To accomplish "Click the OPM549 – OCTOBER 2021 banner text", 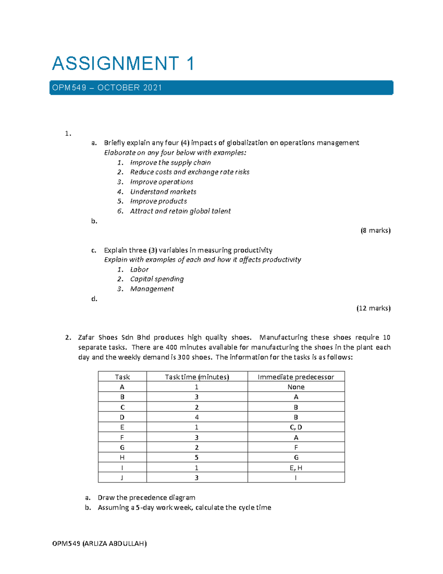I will click(x=107, y=88).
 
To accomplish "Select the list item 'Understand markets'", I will click(x=163, y=191).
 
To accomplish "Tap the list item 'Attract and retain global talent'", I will click(x=180, y=211).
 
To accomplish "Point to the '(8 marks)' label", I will click(x=375, y=230).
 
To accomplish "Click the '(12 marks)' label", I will click(x=373, y=308).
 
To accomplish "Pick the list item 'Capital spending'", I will click(x=157, y=279).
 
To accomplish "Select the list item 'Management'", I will click(x=152, y=289).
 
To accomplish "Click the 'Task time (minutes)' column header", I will click(x=197, y=377).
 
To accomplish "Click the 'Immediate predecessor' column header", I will click(x=296, y=377).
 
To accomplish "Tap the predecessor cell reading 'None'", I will click(x=296, y=387).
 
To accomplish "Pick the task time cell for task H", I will click(x=197, y=457).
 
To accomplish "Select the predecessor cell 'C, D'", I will click(x=296, y=427).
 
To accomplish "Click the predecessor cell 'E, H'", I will click(x=296, y=468).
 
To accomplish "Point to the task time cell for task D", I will click(x=197, y=417).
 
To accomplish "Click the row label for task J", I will click(x=122, y=478).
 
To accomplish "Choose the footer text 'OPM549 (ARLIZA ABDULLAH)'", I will click(x=99, y=543).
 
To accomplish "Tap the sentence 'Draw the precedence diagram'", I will click(x=146, y=497).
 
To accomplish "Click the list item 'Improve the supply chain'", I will click(x=170, y=163).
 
